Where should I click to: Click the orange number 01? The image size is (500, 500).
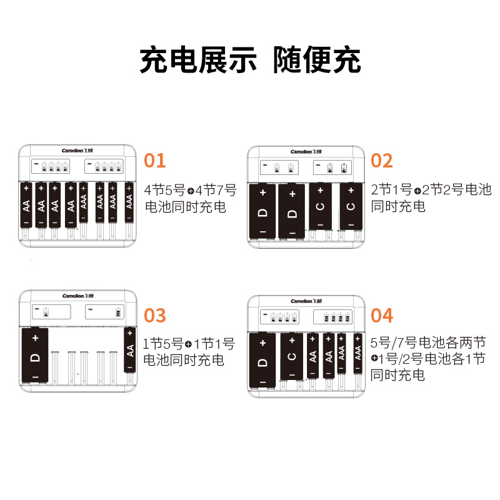[x=155, y=161]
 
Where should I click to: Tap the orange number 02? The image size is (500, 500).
[x=382, y=161]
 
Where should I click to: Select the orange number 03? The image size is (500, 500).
[x=155, y=316]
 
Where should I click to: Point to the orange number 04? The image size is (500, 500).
[x=382, y=316]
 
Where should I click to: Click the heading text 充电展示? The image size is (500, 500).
[x=198, y=61]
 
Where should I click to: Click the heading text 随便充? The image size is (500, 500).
[x=317, y=61]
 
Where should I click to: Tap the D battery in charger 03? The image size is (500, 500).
[x=36, y=356]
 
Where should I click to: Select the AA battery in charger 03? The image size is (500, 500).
[x=131, y=350]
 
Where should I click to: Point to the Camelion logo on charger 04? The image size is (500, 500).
[x=306, y=302]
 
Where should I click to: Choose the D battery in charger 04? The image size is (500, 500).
[x=262, y=361]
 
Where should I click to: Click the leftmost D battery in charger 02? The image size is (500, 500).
[x=262, y=211]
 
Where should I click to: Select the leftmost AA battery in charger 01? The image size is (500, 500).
[x=26, y=204]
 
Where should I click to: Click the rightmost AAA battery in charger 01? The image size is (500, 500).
[x=129, y=202]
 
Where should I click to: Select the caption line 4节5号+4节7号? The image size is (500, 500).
[x=190, y=190]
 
